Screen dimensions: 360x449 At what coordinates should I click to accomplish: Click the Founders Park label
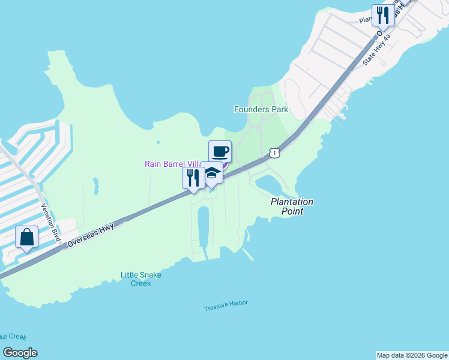point(261,109)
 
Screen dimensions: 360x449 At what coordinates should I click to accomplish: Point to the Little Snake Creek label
point(140,279)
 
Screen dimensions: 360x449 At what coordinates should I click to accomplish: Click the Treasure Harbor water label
point(226,305)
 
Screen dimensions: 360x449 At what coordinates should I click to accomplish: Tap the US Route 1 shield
point(274,153)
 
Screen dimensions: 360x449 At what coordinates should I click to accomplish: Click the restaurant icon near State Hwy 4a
point(382,15)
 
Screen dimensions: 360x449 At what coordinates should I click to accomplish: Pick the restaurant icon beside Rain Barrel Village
point(193,178)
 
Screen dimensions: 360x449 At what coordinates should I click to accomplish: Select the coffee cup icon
point(220,151)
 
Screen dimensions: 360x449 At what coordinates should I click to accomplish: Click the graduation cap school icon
point(211,173)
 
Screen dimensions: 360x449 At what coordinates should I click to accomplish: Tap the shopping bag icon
point(27,237)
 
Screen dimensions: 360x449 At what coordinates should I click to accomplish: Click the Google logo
point(20,353)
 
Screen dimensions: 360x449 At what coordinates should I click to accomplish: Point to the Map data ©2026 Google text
point(412,355)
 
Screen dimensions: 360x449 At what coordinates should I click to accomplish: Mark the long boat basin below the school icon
point(203,226)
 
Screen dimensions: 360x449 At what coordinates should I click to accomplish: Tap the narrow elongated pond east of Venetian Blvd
point(95,187)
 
